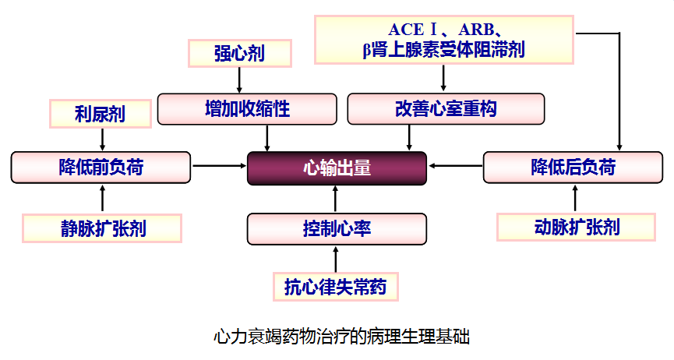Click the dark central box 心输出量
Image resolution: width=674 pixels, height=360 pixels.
[337, 168]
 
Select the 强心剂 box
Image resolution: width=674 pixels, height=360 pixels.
[239, 54]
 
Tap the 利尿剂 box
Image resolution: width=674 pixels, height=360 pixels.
[100, 115]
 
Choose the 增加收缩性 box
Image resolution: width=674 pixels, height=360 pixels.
[247, 109]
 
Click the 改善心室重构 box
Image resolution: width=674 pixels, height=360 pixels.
[445, 109]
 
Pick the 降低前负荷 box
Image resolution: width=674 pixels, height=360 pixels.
[101, 168]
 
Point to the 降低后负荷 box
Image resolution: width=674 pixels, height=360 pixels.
[573, 168]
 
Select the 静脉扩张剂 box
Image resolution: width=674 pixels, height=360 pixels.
[103, 228]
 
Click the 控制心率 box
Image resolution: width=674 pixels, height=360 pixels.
[337, 229]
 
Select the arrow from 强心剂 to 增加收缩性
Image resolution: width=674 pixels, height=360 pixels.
[239, 79]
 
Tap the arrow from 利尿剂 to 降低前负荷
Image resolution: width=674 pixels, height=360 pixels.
[101, 139]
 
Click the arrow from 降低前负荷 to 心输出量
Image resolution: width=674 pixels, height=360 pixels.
[218, 165]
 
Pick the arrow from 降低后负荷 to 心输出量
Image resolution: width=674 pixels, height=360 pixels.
[456, 165]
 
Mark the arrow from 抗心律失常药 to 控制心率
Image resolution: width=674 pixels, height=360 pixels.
[336, 259]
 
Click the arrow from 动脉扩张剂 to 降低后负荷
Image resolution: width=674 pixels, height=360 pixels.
[576, 199]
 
